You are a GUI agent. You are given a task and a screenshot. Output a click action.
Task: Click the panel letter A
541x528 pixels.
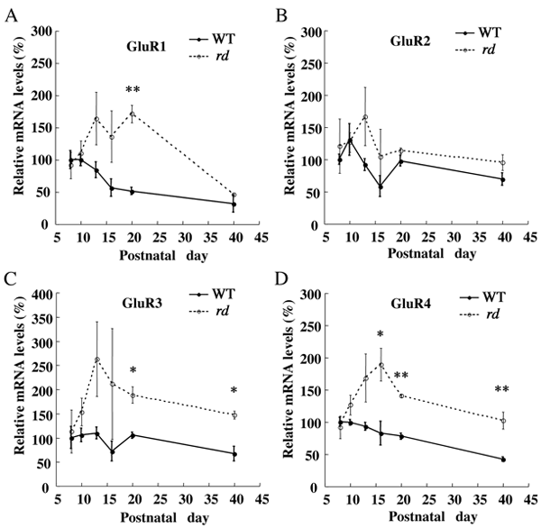[9, 12]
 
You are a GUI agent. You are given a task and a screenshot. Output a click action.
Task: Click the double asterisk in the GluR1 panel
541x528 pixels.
[133, 92]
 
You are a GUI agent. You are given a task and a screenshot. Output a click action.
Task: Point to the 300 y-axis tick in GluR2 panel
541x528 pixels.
[309, 32]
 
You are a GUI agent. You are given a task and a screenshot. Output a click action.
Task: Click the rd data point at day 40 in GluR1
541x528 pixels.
[234, 196]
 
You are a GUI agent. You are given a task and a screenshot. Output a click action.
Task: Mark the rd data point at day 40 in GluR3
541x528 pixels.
[234, 415]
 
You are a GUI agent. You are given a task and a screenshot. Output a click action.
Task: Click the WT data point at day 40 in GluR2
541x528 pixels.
[503, 179]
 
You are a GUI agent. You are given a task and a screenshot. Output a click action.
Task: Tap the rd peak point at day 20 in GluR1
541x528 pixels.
[133, 114]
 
